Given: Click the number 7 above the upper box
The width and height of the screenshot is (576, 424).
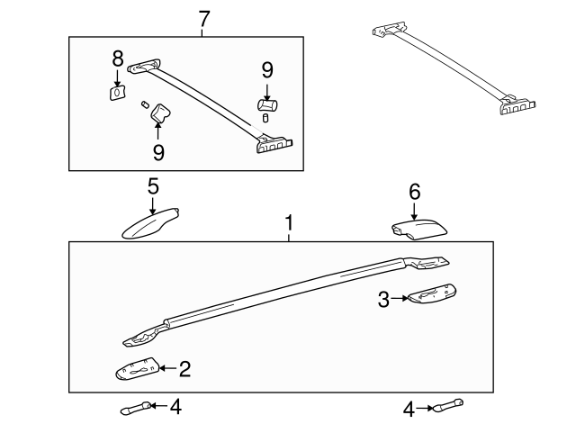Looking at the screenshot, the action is (204, 19).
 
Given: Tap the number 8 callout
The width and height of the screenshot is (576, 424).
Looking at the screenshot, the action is (118, 59).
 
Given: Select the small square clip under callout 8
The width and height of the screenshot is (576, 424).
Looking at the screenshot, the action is (118, 92).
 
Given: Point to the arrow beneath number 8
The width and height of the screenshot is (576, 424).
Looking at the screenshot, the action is (118, 78).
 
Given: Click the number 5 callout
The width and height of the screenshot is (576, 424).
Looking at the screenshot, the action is (153, 186).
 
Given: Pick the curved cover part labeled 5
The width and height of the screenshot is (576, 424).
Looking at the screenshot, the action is (150, 224).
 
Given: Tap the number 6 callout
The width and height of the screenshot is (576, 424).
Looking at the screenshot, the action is (414, 192).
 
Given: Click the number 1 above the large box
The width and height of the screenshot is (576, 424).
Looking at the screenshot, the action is (290, 223).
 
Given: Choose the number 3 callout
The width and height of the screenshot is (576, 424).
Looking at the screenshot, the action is (383, 300).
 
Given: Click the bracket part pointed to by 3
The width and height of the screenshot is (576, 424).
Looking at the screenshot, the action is (432, 294).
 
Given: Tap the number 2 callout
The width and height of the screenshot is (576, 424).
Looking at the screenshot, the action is (184, 369).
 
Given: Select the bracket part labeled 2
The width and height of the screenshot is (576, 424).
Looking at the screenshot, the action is (138, 368).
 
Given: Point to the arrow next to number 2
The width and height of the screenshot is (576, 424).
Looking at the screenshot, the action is (168, 368).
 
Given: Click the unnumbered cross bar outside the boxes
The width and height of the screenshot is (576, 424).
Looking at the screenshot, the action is (454, 68).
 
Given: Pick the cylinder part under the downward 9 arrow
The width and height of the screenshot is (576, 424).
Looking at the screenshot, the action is (267, 105).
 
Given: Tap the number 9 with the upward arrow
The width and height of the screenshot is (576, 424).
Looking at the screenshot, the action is (158, 152).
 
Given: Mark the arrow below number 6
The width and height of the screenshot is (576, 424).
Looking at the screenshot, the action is (414, 211).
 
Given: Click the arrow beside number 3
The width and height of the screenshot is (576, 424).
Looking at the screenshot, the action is (400, 298).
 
